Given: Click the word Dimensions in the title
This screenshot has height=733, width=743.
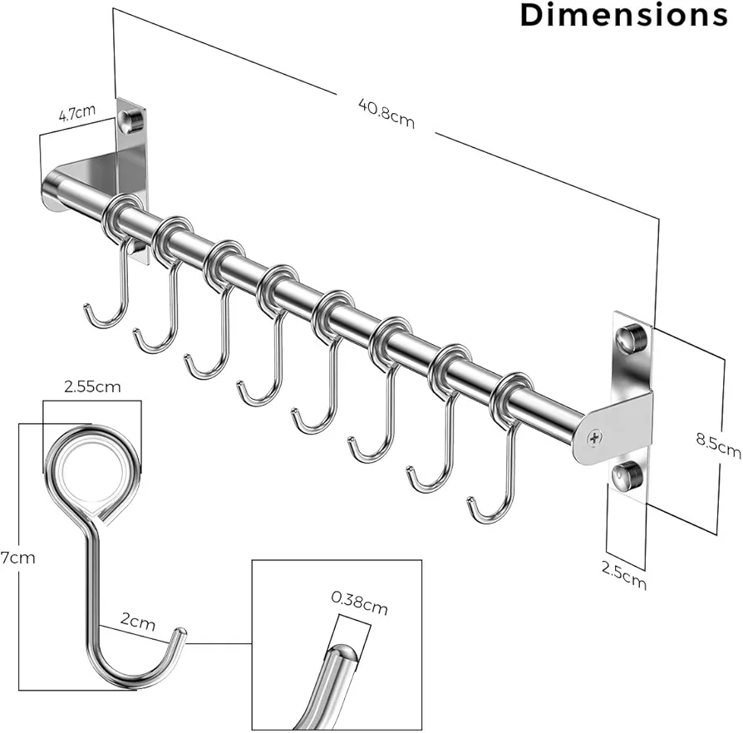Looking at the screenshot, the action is click(623, 15).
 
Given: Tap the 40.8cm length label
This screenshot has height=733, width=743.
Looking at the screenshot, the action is click(386, 113).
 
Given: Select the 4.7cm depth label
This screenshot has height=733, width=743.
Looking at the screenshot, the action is click(77, 113).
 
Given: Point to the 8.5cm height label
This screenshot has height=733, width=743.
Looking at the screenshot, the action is click(718, 445).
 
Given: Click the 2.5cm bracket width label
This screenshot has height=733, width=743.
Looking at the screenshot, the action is click(623, 575).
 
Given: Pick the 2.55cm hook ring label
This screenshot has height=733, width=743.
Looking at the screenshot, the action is click(92, 386).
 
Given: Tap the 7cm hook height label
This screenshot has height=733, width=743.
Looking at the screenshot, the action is click(17, 558).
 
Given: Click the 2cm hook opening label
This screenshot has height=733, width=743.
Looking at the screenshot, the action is click(137, 620).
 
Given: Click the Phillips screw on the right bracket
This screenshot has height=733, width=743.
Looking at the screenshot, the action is click(594, 438).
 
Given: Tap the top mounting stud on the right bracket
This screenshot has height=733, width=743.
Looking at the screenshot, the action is click(630, 338).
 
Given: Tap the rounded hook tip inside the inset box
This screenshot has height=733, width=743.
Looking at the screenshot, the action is click(342, 654).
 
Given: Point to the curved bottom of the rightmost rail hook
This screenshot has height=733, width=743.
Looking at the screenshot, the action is click(488, 518).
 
